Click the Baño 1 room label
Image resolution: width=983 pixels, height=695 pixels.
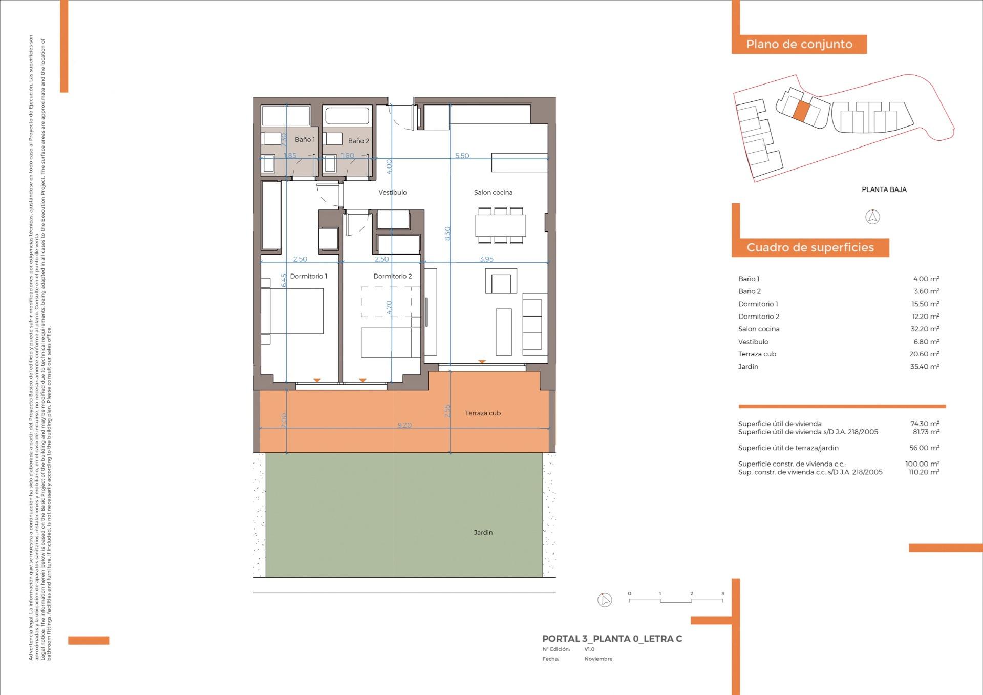pyautogui.click(x=305, y=139)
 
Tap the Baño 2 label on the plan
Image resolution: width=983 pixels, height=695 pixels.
pyautogui.click(x=358, y=141)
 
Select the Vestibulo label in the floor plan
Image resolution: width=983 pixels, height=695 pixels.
pyautogui.click(x=393, y=193)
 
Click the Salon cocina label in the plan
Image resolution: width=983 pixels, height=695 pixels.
pyautogui.click(x=493, y=193)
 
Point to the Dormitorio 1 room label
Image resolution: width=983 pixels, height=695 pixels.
pyautogui.click(x=308, y=276)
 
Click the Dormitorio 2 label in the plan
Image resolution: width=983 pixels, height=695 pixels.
pyautogui.click(x=393, y=276)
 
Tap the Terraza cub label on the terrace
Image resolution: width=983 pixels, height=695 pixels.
pyautogui.click(x=483, y=413)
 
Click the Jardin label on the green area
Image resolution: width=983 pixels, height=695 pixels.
pyautogui.click(x=483, y=533)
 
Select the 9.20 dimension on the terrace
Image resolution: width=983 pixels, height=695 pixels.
pyautogui.click(x=404, y=425)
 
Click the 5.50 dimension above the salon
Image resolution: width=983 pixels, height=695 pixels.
pyautogui.click(x=462, y=156)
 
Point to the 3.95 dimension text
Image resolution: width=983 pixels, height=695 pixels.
pyautogui.click(x=486, y=259)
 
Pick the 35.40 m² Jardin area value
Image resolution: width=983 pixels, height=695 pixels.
pyautogui.click(x=925, y=367)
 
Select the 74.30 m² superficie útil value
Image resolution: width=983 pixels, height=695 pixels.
pyautogui.click(x=925, y=424)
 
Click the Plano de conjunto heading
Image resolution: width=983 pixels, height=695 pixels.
pyautogui.click(x=799, y=44)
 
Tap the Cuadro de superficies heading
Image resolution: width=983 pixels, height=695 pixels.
pyautogui.click(x=810, y=248)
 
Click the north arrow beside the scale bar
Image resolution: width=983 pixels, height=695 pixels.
pyautogui.click(x=605, y=600)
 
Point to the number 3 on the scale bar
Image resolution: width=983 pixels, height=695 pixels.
pyautogui.click(x=722, y=594)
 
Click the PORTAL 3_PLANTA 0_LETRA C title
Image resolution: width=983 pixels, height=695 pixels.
pyautogui.click(x=612, y=639)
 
